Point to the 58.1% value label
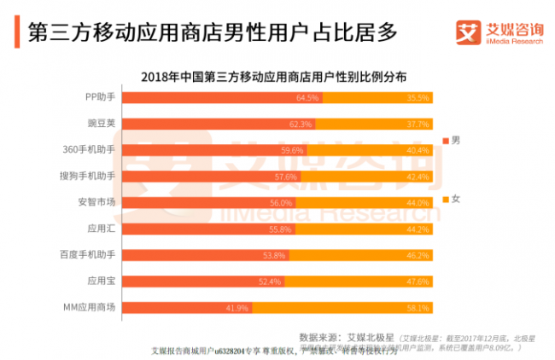418,307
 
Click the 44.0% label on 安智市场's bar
418,202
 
